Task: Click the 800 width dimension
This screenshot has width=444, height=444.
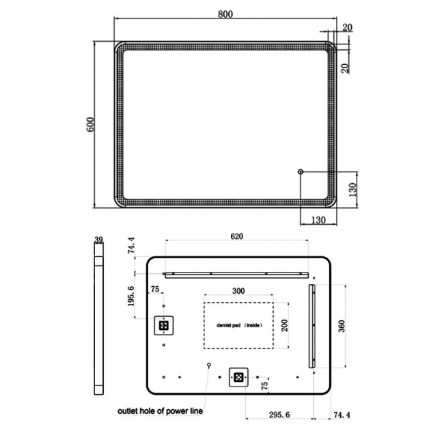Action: tap(225, 14)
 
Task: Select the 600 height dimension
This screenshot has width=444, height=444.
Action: tap(90, 124)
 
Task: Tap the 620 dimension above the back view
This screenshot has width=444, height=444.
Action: tap(237, 236)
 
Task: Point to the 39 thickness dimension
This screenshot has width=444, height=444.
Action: tap(98, 240)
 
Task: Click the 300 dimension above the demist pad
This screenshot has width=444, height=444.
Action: tap(238, 291)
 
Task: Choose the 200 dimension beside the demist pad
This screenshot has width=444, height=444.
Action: tap(285, 325)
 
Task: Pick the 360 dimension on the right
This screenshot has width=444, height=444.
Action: tap(342, 327)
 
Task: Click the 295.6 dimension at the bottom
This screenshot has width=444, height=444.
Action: tap(279, 415)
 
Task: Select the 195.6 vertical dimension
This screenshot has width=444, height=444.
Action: tap(131, 296)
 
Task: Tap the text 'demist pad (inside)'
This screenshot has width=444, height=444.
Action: tap(240, 325)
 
